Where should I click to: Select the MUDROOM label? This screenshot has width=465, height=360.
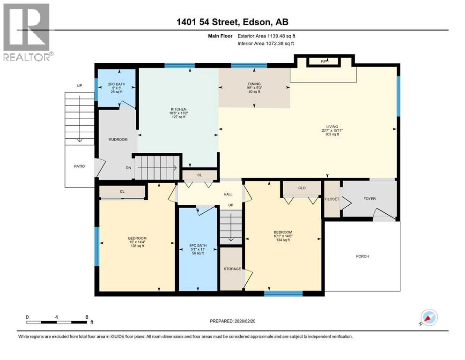[x=118, y=139]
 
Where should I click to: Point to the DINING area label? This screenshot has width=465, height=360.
[x=254, y=84]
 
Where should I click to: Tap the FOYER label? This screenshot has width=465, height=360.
[x=369, y=199]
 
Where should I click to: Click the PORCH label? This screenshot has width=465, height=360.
[x=362, y=256]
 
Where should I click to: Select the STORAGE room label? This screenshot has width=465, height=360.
[x=232, y=269]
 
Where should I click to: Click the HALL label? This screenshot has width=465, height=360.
[x=228, y=194]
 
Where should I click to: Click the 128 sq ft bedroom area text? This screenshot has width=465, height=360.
[x=138, y=246]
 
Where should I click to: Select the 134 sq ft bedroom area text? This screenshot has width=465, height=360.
[x=283, y=240]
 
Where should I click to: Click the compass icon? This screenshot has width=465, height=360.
[x=428, y=318]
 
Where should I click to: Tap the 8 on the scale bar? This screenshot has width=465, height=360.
[x=87, y=317]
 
